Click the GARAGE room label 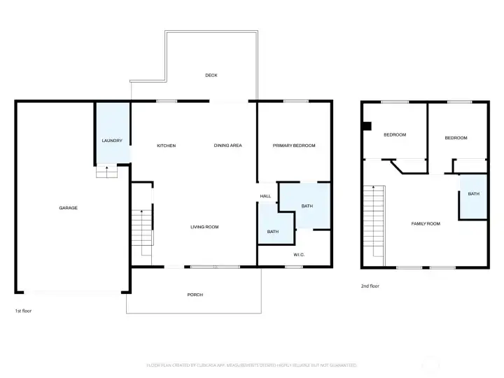point(68,208)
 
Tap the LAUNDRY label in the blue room point(112,141)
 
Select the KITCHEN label point(166,146)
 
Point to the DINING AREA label point(227,146)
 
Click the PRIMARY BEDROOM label point(294,146)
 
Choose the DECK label point(210,76)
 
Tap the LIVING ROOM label point(205,227)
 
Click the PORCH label point(195,295)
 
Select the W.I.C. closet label point(298,254)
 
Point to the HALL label point(265,196)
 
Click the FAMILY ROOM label point(425,223)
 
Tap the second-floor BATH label point(473,194)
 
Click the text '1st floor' point(23,310)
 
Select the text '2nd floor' point(370,286)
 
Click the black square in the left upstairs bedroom point(366,126)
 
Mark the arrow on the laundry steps point(106,169)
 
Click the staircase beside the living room point(142,231)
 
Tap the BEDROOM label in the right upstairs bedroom point(456,138)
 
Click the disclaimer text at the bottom point(251,365)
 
